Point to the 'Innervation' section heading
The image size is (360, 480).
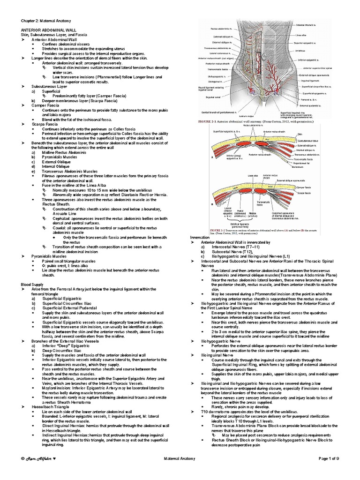(x=199, y=238)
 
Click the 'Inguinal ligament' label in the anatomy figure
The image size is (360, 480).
(x=311, y=79)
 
